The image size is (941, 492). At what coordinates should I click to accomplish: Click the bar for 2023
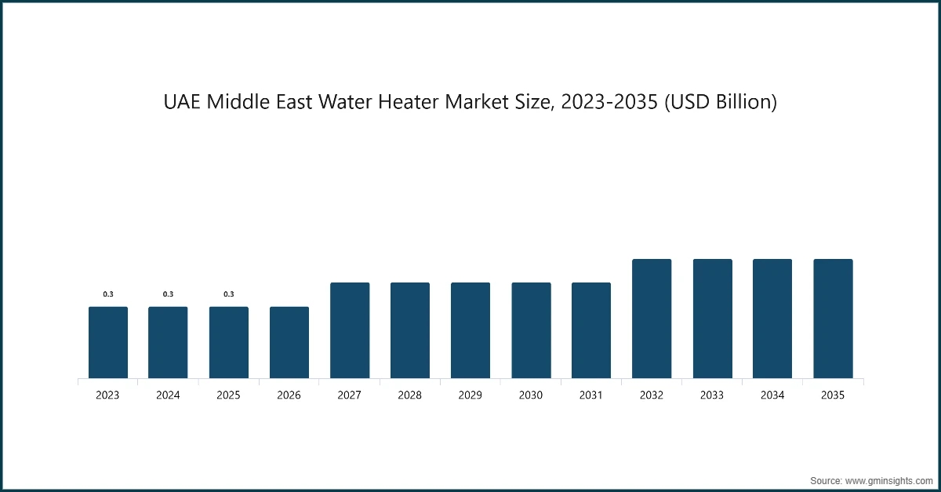pos(108,343)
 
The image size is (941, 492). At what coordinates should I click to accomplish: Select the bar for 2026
pos(289,343)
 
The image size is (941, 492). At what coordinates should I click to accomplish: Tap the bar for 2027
pos(350,331)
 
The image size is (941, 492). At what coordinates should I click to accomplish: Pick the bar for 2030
pos(531,331)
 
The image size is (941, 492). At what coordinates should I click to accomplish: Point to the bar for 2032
pos(652,319)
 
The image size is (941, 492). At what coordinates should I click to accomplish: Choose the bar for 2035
pos(833,319)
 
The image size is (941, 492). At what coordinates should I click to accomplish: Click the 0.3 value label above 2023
pos(108,294)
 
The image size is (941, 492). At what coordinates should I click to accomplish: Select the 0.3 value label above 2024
pos(169,294)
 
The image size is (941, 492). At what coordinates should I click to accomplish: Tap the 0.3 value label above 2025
pos(229,294)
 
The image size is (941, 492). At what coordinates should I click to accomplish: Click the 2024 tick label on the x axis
pos(168,395)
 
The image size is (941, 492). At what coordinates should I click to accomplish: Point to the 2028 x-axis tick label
pos(409,395)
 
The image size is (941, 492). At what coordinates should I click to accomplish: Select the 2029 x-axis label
pos(470,395)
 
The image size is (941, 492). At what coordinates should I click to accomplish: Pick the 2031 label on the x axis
pos(590,395)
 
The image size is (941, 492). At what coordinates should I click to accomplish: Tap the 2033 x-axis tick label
pos(712,395)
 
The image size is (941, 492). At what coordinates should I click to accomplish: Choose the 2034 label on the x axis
pos(772,395)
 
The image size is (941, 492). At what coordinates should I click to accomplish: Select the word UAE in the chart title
pos(182,102)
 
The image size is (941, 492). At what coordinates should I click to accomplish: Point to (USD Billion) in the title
pos(722,102)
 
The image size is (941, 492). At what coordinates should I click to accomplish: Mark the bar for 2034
pos(772,319)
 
